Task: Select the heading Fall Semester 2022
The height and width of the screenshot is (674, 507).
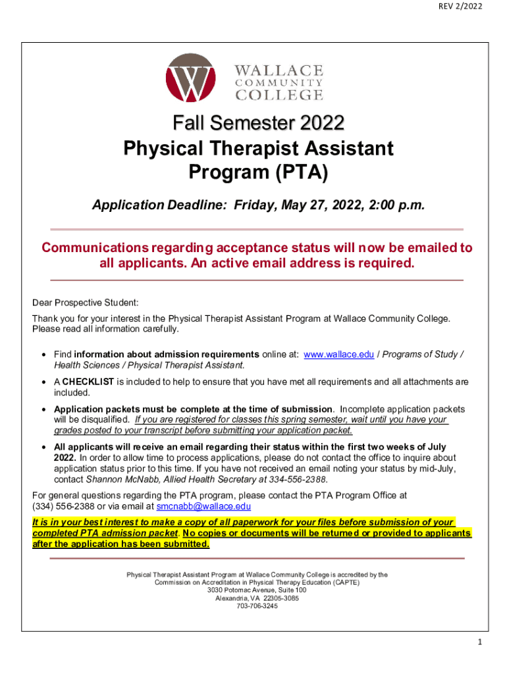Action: coord(258,123)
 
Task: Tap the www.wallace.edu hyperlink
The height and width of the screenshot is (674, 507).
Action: coord(339,354)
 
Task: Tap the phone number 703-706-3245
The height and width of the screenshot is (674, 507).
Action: coord(257,606)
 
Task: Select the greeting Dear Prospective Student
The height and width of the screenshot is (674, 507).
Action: coord(86,303)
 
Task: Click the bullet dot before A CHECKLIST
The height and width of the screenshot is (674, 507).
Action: coord(43,382)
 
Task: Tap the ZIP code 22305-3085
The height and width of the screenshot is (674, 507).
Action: coord(279,598)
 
